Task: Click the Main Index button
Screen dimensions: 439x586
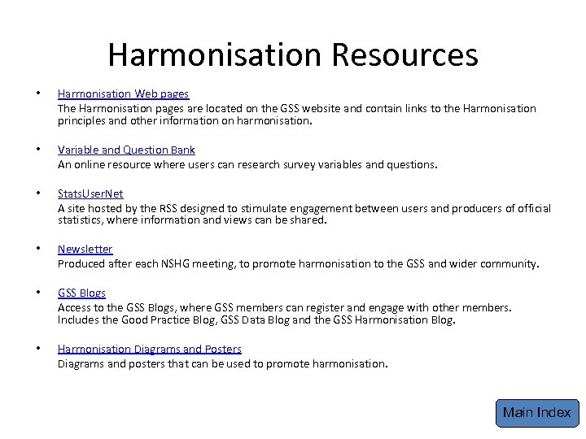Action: pyautogui.click(x=536, y=412)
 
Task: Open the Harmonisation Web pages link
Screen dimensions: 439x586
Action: pyautogui.click(x=123, y=95)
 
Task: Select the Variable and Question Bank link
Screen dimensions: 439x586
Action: pyautogui.click(x=126, y=150)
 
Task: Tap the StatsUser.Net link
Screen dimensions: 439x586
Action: pyautogui.click(x=90, y=194)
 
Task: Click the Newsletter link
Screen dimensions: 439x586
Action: pyautogui.click(x=85, y=249)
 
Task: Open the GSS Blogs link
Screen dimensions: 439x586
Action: pyautogui.click(x=81, y=293)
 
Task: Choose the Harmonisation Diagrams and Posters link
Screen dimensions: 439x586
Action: pyautogui.click(x=149, y=349)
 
